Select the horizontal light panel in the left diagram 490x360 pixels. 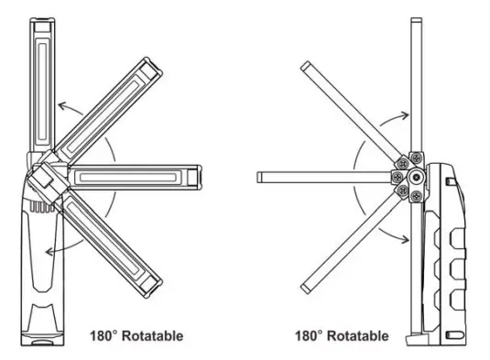click(137, 175)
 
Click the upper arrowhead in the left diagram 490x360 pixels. click(57, 107)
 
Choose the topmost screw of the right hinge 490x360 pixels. click(416, 156)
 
